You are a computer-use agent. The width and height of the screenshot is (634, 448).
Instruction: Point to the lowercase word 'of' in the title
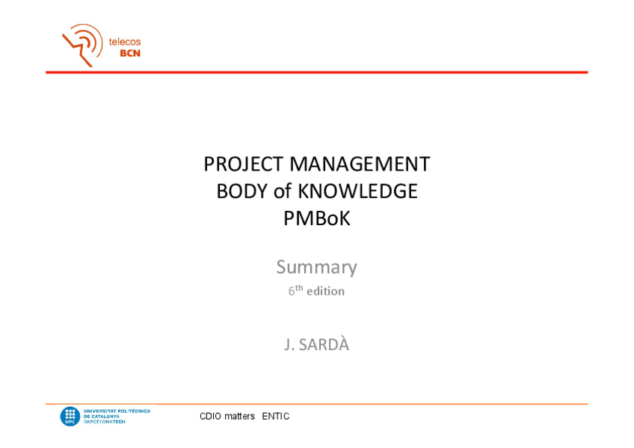(x=283, y=191)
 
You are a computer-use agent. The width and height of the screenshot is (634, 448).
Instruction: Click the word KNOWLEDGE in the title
(x=357, y=191)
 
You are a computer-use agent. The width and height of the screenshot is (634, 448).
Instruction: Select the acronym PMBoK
(x=316, y=218)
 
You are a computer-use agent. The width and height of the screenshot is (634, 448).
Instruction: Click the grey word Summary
(x=316, y=267)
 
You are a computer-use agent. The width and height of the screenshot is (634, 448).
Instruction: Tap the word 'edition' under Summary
(x=325, y=292)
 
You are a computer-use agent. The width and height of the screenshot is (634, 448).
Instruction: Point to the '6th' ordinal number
(x=295, y=290)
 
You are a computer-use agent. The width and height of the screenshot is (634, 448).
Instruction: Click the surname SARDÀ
(x=324, y=345)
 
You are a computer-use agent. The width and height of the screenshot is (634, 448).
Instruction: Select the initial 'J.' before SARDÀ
(x=289, y=345)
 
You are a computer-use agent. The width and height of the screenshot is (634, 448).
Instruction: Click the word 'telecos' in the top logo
(x=125, y=42)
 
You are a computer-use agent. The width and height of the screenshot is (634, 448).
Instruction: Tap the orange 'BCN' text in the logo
(x=130, y=53)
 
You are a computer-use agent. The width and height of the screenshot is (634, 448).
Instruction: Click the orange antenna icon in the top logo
(x=82, y=44)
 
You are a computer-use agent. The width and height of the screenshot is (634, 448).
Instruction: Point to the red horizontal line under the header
(x=316, y=73)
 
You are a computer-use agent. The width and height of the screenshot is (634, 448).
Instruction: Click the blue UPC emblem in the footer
(x=70, y=416)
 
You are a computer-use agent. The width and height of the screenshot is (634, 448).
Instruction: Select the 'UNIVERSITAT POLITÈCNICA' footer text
(x=117, y=411)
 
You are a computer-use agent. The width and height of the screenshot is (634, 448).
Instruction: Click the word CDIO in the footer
(x=210, y=417)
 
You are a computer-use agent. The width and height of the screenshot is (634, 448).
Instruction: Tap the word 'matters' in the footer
(x=239, y=417)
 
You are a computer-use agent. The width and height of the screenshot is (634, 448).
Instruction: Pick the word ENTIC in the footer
(x=275, y=417)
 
